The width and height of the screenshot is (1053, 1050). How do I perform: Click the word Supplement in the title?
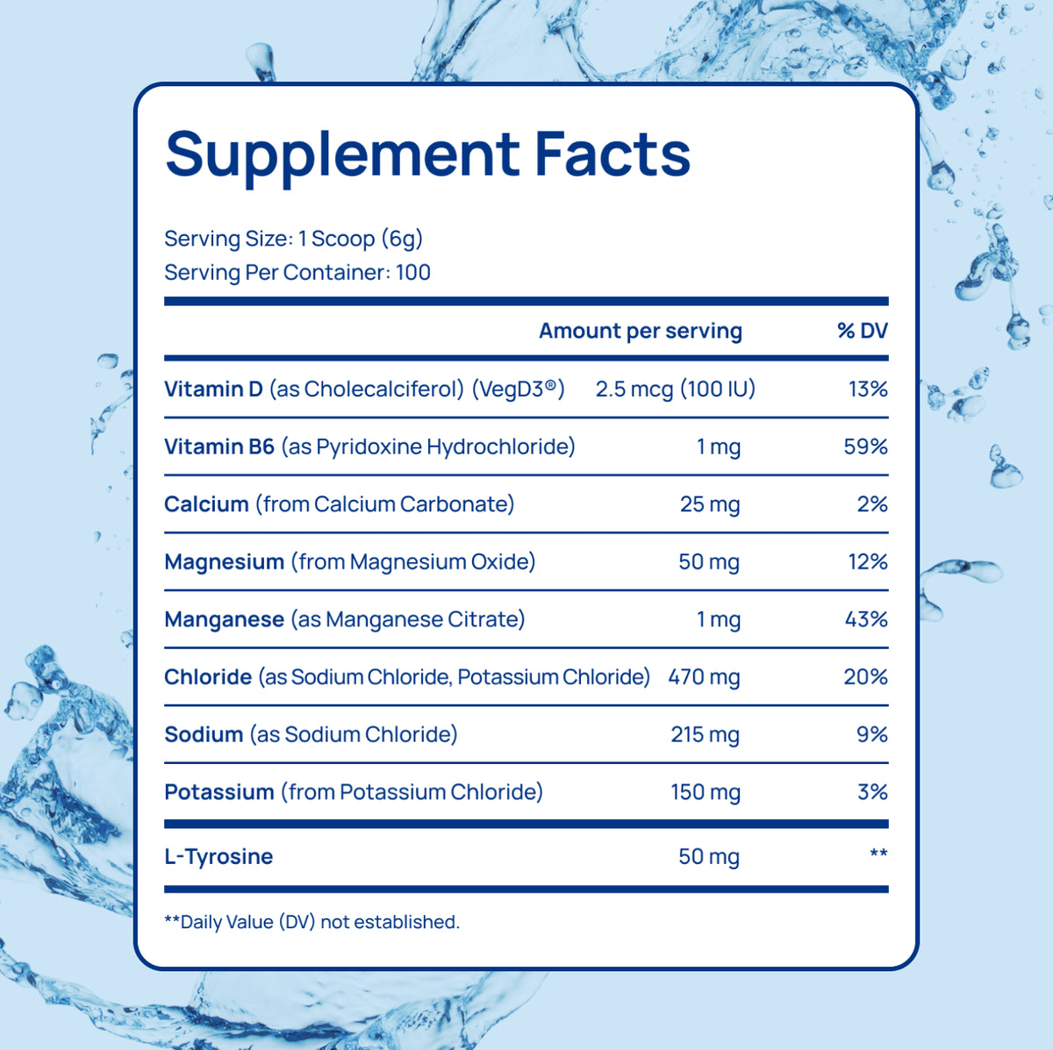[x=342, y=155]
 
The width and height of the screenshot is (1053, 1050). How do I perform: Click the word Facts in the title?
[x=612, y=154]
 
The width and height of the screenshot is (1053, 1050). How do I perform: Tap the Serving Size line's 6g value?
[x=402, y=239]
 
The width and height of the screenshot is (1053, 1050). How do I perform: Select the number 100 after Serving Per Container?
[x=413, y=272]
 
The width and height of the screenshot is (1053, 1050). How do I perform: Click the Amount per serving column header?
[x=641, y=331]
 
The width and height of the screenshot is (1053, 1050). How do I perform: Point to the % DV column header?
[x=863, y=331]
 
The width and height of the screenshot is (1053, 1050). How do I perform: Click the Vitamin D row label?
[x=213, y=389]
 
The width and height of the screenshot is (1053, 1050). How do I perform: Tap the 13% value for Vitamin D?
[x=868, y=389]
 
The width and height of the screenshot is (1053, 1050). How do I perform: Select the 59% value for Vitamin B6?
[x=865, y=446]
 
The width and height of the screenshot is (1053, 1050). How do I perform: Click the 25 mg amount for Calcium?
[x=710, y=504]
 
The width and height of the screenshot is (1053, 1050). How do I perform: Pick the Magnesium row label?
[x=225, y=562]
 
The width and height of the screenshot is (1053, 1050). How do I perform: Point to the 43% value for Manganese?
[x=866, y=619]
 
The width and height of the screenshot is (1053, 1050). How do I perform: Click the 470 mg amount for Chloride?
[x=704, y=677]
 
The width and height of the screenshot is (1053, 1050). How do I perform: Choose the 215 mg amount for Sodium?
[x=706, y=735]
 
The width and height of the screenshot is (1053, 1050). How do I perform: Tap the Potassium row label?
[x=219, y=792]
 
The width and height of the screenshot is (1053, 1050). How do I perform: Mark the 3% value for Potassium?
[x=872, y=792]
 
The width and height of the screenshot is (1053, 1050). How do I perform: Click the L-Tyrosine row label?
[x=218, y=857]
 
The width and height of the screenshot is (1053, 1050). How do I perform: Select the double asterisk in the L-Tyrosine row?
[x=878, y=852]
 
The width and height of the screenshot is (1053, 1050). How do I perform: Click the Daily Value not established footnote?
[x=312, y=922]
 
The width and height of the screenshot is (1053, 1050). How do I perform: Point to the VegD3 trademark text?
[x=519, y=389]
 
